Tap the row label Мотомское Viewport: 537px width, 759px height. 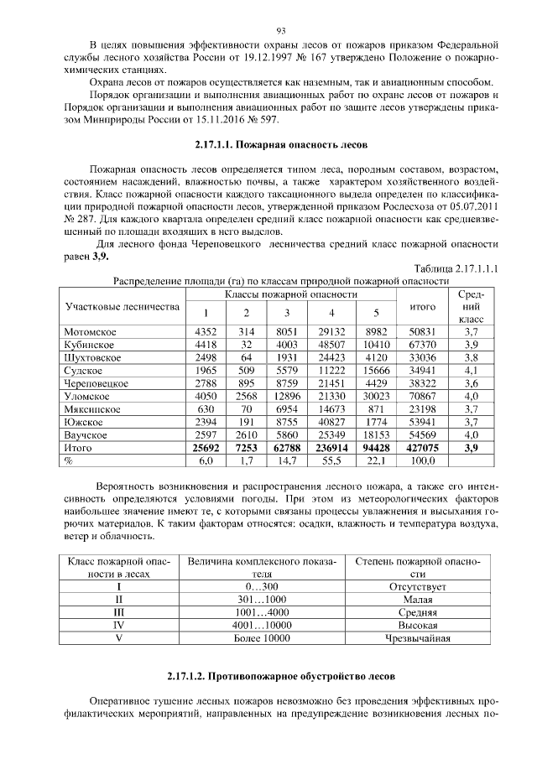pyautogui.click(x=91, y=333)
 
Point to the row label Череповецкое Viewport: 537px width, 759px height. pyautogui.click(x=96, y=382)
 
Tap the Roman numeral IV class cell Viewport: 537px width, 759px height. pyautogui.click(x=118, y=625)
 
